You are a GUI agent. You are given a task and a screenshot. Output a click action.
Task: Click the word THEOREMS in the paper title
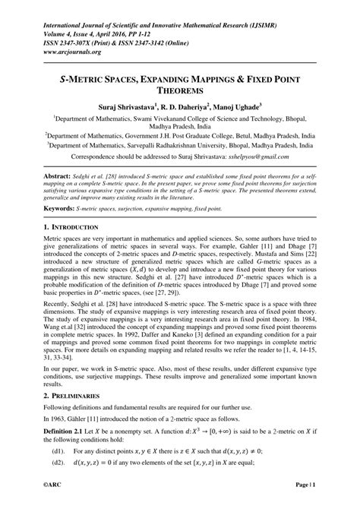click(x=180, y=90)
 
